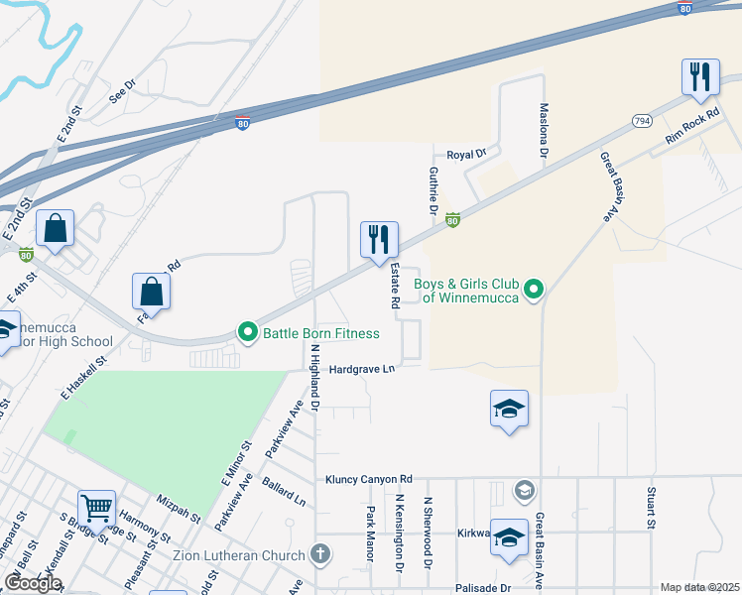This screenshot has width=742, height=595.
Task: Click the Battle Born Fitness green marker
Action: click(x=247, y=333)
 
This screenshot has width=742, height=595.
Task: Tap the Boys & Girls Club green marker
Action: click(x=534, y=290)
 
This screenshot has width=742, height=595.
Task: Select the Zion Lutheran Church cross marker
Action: click(x=320, y=553)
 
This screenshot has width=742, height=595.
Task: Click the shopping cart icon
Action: click(x=97, y=510)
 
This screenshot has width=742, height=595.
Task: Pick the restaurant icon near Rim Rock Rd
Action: click(x=700, y=77)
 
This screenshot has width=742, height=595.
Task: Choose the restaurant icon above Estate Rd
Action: click(x=379, y=239)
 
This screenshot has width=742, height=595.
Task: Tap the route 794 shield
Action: click(x=641, y=120)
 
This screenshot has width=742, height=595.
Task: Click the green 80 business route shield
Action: click(x=452, y=220)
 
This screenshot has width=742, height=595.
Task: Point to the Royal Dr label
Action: click(x=467, y=155)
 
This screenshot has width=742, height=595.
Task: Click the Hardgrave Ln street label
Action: click(x=363, y=369)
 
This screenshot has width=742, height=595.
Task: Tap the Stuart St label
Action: click(x=652, y=507)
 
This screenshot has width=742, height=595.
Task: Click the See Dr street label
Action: click(x=122, y=91)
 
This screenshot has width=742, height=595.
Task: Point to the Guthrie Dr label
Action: click(x=433, y=190)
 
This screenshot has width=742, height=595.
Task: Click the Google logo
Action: click(x=33, y=583)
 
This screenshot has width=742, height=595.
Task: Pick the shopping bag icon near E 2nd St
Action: click(x=56, y=229)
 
